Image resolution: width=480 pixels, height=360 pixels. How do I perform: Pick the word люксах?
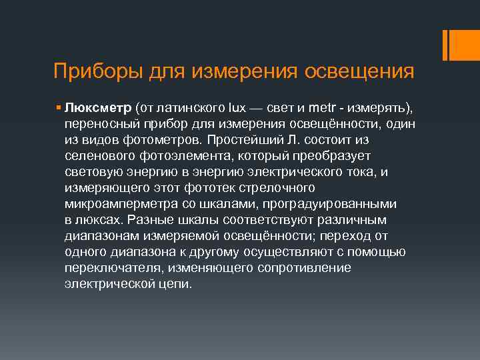[99, 220]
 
